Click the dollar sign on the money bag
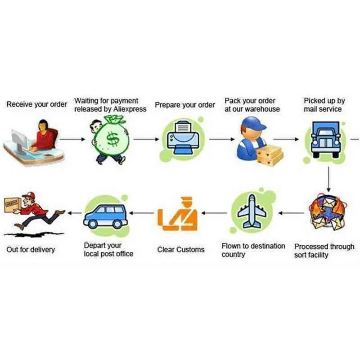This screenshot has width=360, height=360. coord(113,139)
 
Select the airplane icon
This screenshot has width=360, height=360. coord(252,211)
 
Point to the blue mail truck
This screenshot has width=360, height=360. coord(325,139)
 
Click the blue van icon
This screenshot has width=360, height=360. coord(106,216)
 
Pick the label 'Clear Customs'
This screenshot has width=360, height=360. coord(181,250)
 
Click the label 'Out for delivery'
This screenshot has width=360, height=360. coord(31,250)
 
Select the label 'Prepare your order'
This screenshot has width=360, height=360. coord(185,105)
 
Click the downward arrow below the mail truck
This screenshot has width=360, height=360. coord(328,179)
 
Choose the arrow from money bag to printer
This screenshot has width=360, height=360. coord(146,139)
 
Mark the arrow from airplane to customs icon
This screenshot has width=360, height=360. coord(214,213)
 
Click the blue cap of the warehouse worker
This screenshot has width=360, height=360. coord(253,123)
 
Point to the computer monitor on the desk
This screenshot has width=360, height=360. coord(20,140)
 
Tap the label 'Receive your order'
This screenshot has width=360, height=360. coord(37,104)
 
